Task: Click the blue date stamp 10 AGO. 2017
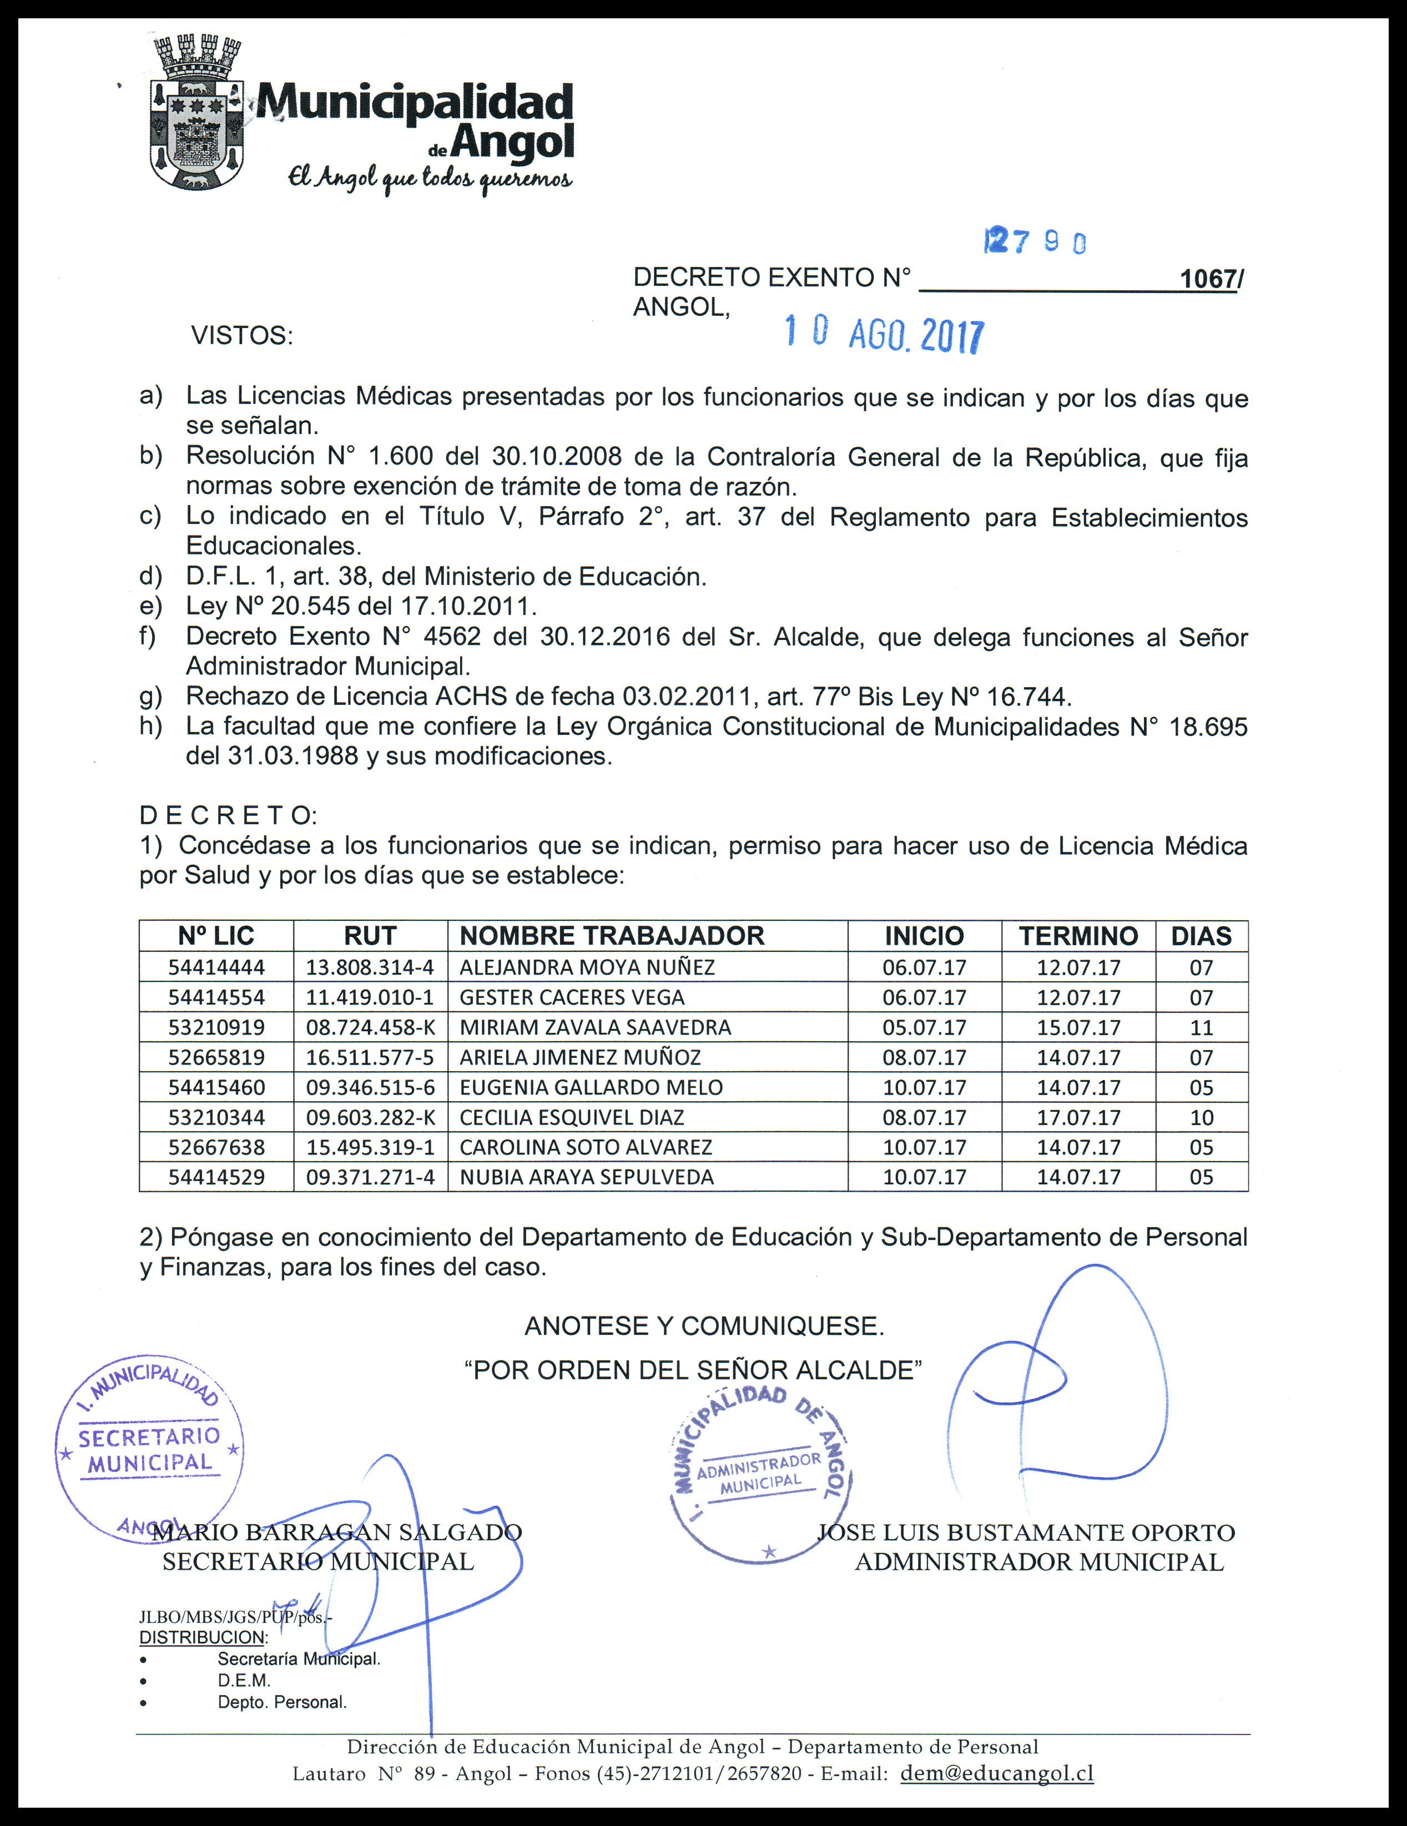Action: click(x=884, y=335)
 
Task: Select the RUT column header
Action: click(x=370, y=936)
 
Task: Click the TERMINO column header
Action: click(x=1078, y=936)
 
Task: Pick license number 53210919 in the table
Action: click(x=216, y=1027)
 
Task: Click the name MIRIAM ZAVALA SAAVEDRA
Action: click(x=594, y=1027)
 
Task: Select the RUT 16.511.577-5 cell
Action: click(x=370, y=1058)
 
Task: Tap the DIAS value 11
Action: click(x=1201, y=1027)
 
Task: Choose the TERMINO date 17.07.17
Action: click(x=1078, y=1118)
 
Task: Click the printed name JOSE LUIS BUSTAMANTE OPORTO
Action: click(x=1026, y=1532)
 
